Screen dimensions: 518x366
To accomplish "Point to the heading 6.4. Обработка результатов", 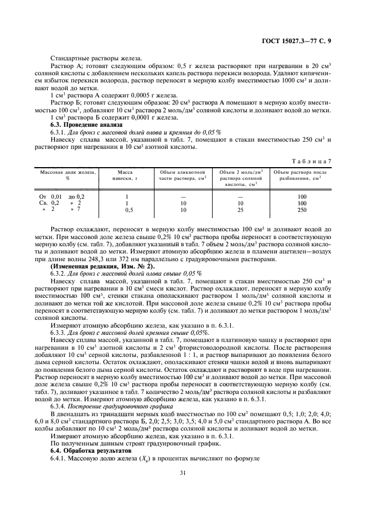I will point(88,450).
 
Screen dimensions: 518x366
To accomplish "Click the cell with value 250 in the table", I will point(301,210).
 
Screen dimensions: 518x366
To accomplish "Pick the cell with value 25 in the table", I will point(241,210).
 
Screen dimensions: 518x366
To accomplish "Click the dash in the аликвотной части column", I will point(183,197).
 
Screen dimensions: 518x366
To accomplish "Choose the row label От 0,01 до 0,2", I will point(61,197).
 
